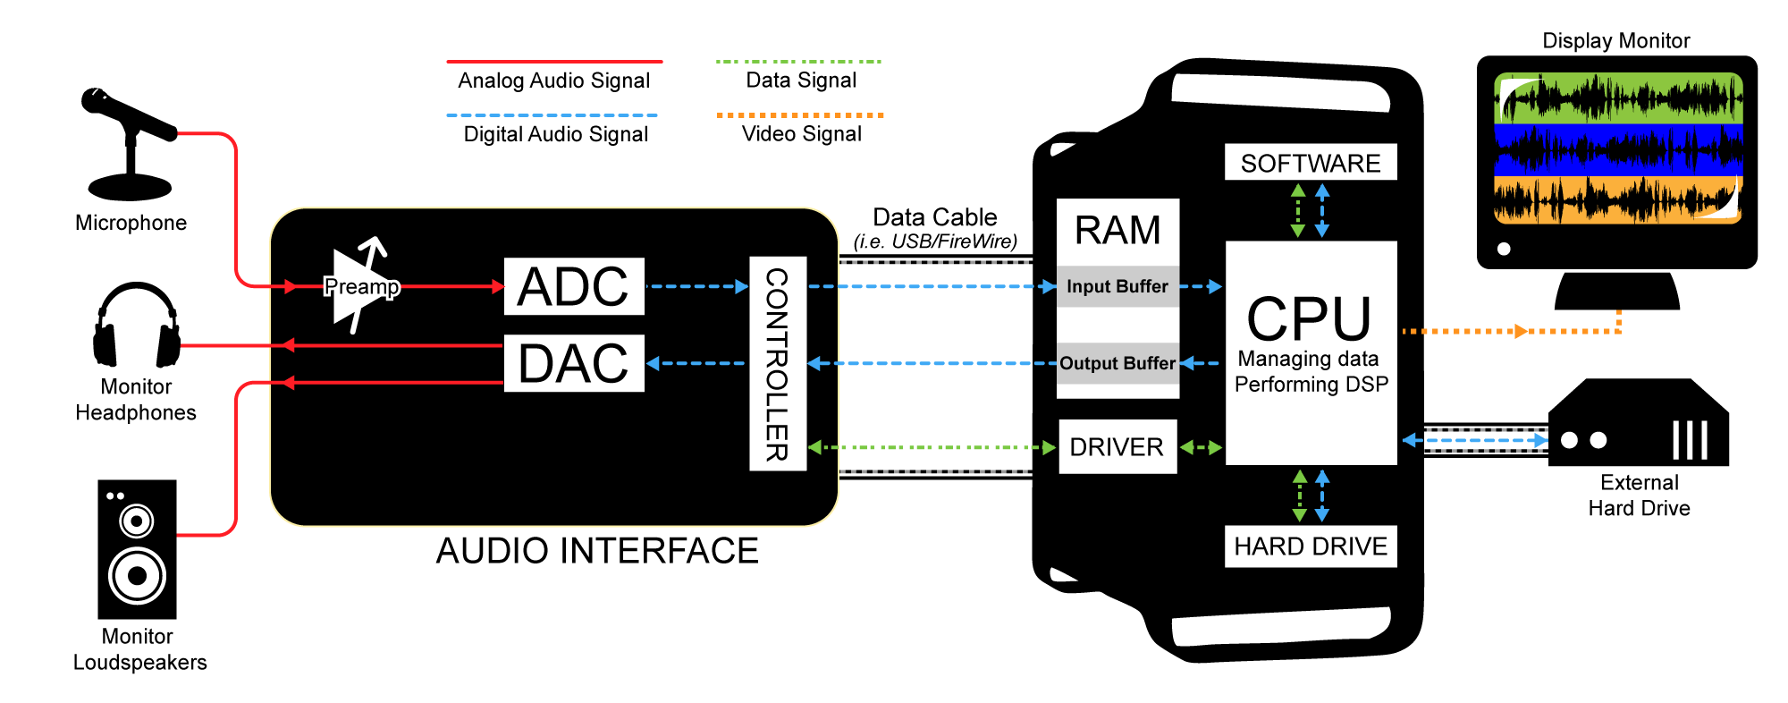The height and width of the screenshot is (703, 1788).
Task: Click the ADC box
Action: (574, 286)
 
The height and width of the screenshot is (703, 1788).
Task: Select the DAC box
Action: (574, 363)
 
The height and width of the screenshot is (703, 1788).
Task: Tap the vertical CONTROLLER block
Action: (777, 363)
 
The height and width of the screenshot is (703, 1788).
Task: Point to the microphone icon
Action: (131, 143)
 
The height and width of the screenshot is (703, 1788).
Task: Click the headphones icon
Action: (136, 326)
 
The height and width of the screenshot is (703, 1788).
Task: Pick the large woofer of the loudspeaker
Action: (137, 575)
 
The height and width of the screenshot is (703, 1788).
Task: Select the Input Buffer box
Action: (1117, 286)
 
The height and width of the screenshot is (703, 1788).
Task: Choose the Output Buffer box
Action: (1117, 363)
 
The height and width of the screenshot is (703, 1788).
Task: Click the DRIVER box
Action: (1117, 446)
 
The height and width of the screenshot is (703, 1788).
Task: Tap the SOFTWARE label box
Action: (1311, 163)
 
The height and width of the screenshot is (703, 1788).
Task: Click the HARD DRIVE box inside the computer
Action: (1311, 546)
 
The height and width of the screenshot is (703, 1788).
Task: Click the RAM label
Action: (1117, 231)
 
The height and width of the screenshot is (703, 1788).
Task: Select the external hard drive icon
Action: (1638, 425)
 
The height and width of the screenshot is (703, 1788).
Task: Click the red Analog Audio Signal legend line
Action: (554, 62)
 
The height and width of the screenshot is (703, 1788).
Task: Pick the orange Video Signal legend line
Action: (800, 115)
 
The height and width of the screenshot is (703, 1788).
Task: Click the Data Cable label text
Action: (934, 217)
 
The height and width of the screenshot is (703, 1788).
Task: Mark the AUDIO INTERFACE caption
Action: (597, 551)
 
